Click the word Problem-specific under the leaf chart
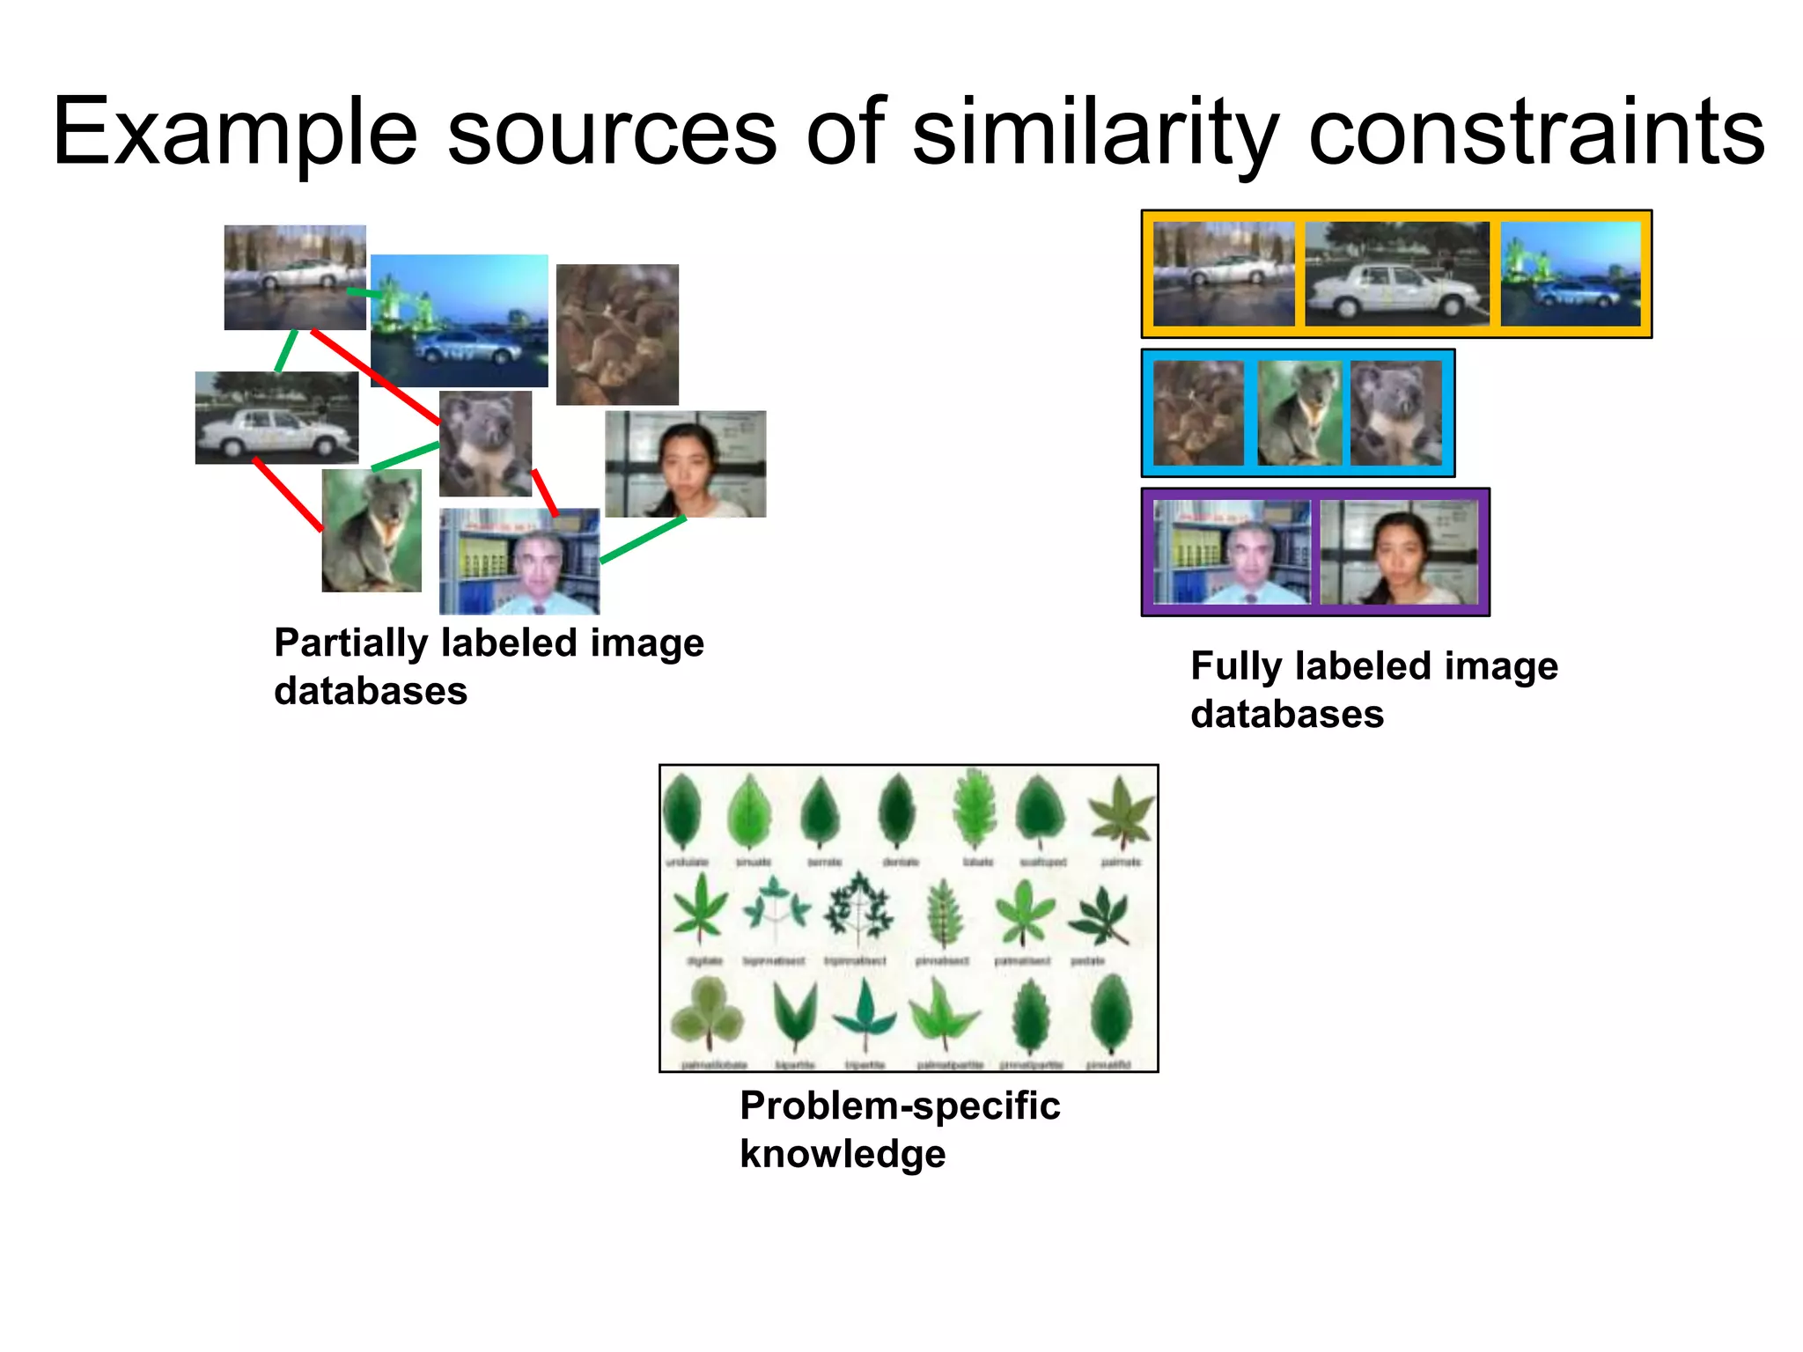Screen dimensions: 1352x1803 tap(900, 1106)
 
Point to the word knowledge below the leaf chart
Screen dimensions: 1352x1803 tap(843, 1154)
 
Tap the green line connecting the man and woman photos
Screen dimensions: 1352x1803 tap(643, 539)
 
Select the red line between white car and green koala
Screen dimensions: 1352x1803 tap(288, 495)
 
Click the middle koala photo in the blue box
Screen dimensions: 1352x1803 tap(1299, 413)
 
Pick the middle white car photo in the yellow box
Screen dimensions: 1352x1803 tap(1396, 274)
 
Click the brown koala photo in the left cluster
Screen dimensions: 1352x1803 tap(617, 334)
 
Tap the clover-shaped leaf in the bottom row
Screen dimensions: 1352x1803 tap(705, 1017)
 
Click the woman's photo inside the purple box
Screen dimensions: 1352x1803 tap(1399, 552)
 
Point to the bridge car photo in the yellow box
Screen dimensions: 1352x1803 tap(1571, 274)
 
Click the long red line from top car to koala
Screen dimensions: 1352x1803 tap(376, 377)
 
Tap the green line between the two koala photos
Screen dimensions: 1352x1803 tap(405, 457)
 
